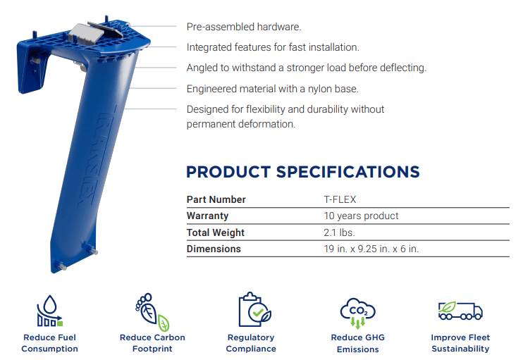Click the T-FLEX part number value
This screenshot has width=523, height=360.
point(340,199)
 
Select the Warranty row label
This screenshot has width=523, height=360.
point(207,216)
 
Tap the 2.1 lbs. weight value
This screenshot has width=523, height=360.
point(339,232)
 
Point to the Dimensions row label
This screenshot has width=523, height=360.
point(214,249)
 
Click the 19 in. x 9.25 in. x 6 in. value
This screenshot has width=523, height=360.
point(371,249)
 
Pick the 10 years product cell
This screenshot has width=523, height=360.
point(361,216)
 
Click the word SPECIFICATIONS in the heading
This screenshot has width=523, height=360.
point(348,172)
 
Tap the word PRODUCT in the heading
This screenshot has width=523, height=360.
point(228,172)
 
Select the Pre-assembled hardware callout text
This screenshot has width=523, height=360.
point(244,27)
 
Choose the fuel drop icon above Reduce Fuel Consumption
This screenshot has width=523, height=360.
point(50,311)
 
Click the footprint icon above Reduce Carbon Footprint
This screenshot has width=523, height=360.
point(152,312)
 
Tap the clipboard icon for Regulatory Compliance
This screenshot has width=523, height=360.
point(255,309)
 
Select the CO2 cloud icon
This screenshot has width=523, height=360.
point(358,313)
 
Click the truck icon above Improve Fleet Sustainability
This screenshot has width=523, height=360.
point(460,311)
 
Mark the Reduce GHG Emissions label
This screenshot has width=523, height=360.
point(358,343)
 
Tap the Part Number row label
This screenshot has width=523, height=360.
point(216,199)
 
